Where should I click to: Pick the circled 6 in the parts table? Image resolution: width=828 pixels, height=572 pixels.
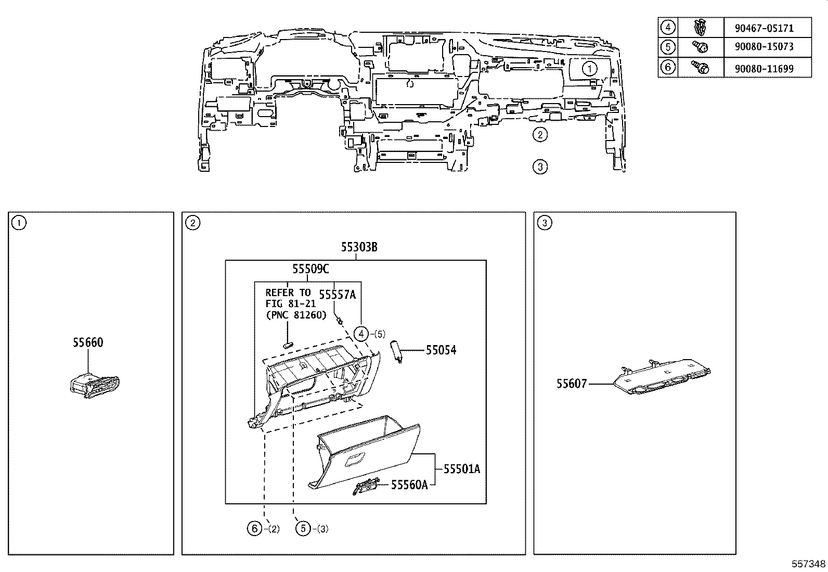tap(668, 67)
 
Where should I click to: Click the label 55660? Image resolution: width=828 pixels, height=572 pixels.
tap(88, 342)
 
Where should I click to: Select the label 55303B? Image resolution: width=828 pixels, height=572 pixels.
tap(359, 247)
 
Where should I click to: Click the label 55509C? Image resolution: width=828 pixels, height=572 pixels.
tap(310, 269)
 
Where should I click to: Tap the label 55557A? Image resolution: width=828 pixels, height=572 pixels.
tap(337, 295)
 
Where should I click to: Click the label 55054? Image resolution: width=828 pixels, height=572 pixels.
tap(441, 350)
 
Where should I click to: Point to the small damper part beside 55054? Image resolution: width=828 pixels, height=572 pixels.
tap(398, 351)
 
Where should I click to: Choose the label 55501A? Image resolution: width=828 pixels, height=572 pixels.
tap(462, 469)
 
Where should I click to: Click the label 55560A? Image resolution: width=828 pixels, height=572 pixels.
tap(409, 485)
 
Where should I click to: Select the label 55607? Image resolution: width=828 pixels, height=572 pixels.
tap(572, 384)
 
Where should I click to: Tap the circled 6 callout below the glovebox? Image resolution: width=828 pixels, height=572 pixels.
tap(254, 529)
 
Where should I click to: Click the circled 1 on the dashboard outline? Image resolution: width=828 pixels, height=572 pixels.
tap(589, 68)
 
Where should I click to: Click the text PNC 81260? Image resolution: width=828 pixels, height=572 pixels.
tap(296, 315)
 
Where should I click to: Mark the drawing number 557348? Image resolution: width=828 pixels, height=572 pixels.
tap(808, 564)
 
